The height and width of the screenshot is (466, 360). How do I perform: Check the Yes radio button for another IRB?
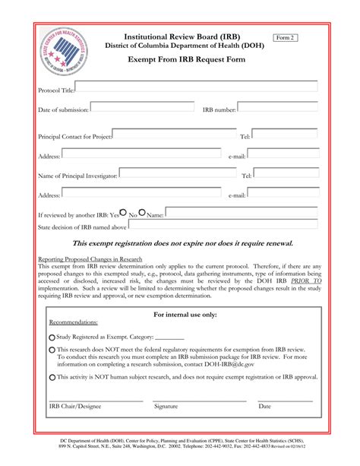pyautogui.click(x=123, y=214)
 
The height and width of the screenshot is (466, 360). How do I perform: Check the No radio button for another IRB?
pyautogui.click(x=141, y=214)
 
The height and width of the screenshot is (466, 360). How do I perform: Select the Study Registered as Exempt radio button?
pyautogui.click(x=52, y=338)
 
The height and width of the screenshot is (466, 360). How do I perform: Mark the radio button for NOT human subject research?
pyautogui.click(x=52, y=377)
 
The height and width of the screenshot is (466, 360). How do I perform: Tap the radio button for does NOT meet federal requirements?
pyautogui.click(x=52, y=350)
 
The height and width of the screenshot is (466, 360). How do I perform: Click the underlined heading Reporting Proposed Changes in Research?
pyautogui.click(x=95, y=258)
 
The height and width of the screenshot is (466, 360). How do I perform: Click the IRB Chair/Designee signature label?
pyautogui.click(x=74, y=406)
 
